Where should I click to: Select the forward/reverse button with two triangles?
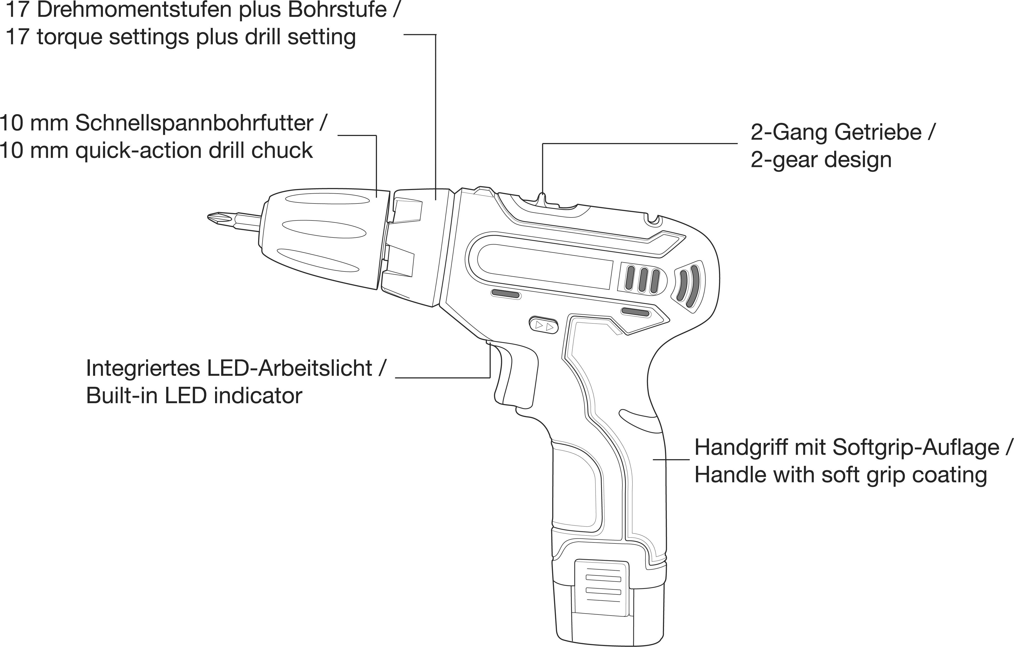coord(543,325)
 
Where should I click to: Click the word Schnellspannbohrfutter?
coord(194,123)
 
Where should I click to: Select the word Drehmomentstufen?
coord(136,10)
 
